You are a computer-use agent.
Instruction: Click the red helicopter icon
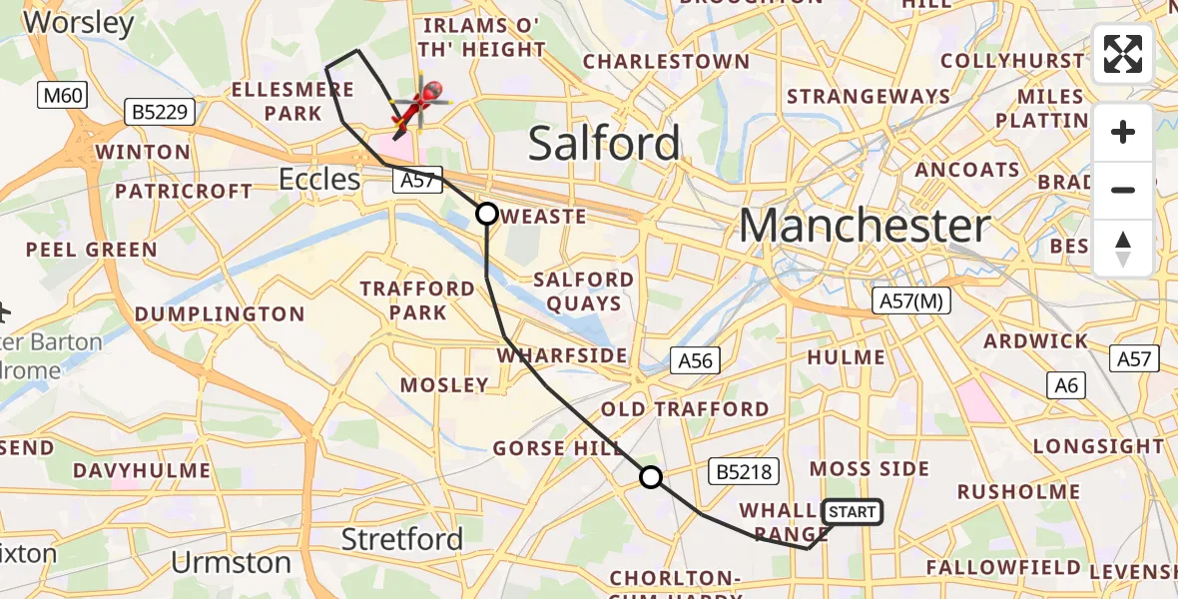click(x=420, y=105)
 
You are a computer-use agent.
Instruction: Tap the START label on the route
click(x=852, y=512)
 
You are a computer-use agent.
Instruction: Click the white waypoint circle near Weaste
click(x=487, y=213)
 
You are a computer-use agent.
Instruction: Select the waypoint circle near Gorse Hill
click(x=651, y=477)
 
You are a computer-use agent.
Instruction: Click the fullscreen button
click(x=1123, y=54)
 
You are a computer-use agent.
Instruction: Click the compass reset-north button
click(x=1123, y=248)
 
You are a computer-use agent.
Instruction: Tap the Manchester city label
click(x=865, y=227)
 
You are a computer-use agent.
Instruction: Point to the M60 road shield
click(x=63, y=96)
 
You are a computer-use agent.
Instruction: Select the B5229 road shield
click(x=160, y=112)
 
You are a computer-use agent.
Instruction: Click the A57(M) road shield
click(x=910, y=300)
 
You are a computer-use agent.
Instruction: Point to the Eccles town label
click(x=319, y=180)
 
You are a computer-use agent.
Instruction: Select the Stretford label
click(x=402, y=540)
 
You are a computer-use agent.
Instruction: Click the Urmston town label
click(x=231, y=563)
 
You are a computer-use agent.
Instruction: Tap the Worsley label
click(x=75, y=23)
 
